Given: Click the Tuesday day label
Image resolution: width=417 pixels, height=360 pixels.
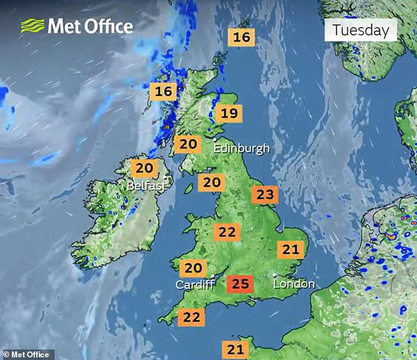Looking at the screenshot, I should (x=360, y=30).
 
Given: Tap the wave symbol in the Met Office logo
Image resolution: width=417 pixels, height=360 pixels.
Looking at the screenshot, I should (x=32, y=26).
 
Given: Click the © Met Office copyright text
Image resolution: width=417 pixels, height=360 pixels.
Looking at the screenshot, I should (x=26, y=355).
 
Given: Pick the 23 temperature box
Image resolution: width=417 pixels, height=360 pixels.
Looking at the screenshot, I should (x=264, y=195).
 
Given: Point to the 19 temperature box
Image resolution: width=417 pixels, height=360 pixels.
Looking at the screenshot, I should (x=228, y=114).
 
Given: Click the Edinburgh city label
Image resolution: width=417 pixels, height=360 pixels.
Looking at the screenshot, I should (x=241, y=148).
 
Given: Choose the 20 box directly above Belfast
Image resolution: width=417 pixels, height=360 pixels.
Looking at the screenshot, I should (x=144, y=168).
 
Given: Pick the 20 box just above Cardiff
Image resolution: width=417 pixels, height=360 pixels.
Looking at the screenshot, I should (x=192, y=268).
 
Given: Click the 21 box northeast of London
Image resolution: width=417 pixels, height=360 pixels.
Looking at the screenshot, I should (x=290, y=249).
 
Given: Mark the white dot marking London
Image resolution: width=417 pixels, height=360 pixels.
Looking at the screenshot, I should (x=274, y=275).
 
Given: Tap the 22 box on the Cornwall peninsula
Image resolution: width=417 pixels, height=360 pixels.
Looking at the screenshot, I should (x=191, y=317).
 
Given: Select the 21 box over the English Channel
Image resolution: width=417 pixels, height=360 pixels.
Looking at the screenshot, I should (x=235, y=349).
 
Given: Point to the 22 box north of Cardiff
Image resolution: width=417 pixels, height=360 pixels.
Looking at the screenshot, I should (x=227, y=232).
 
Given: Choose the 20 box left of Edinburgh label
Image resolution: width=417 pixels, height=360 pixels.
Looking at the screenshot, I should (x=189, y=144).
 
